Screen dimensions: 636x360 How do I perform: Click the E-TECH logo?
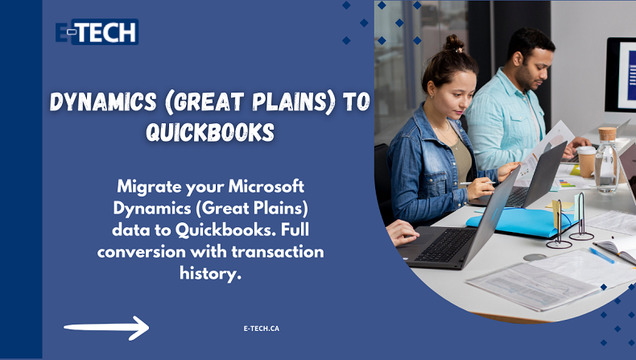tap(97, 31)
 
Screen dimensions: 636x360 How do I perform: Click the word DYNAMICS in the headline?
tap(103, 101)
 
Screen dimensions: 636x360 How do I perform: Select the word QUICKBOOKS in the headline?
tap(210, 132)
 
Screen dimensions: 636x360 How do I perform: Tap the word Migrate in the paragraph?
tap(149, 187)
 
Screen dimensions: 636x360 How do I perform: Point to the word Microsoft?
tap(266, 186)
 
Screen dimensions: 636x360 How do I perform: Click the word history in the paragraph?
tap(210, 273)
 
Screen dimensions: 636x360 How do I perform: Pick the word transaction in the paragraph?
tap(278, 251)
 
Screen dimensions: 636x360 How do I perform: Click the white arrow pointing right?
tap(106, 328)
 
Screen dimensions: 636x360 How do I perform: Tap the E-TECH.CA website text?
tap(262, 329)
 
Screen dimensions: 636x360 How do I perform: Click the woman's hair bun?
tap(454, 43)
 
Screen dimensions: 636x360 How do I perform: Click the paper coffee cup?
tap(587, 162)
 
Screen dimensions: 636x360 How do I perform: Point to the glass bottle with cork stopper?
tap(607, 160)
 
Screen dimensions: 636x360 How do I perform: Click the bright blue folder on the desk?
tap(521, 223)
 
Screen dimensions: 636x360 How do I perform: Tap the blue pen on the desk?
tap(602, 255)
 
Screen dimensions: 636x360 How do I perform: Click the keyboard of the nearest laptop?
tap(444, 245)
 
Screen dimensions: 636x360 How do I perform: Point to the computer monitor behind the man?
tap(621, 75)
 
